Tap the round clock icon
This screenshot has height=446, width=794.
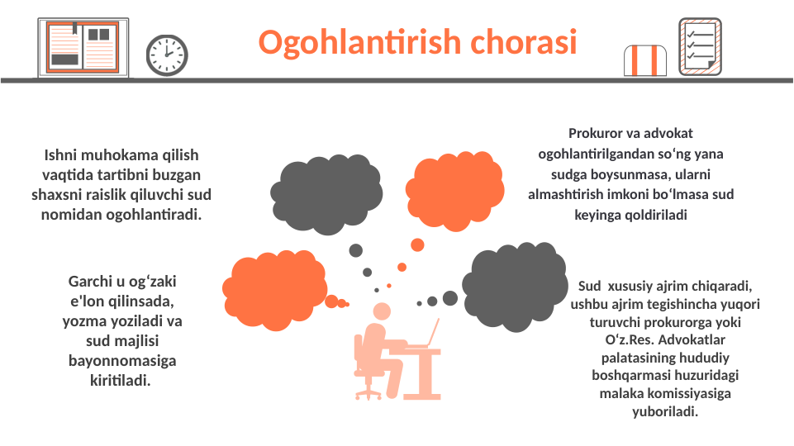[167, 55]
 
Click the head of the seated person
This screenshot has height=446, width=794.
[382, 311]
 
